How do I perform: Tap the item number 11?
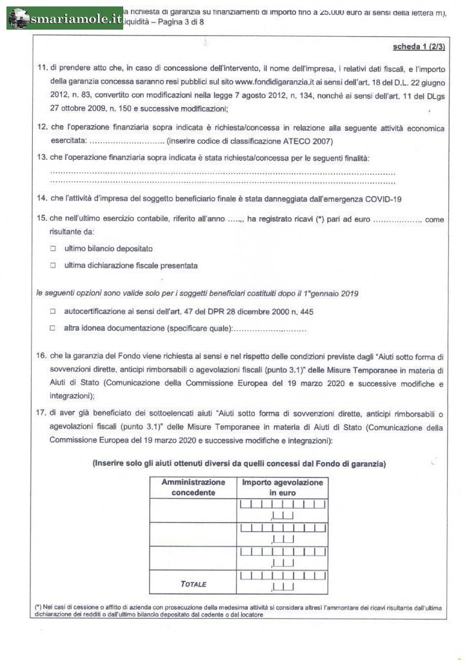[43, 68]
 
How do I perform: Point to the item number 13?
[43, 158]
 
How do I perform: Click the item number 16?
[43, 356]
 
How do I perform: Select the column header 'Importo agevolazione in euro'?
[283, 487]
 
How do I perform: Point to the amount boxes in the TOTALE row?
[283, 580]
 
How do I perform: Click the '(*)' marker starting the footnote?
[38, 607]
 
